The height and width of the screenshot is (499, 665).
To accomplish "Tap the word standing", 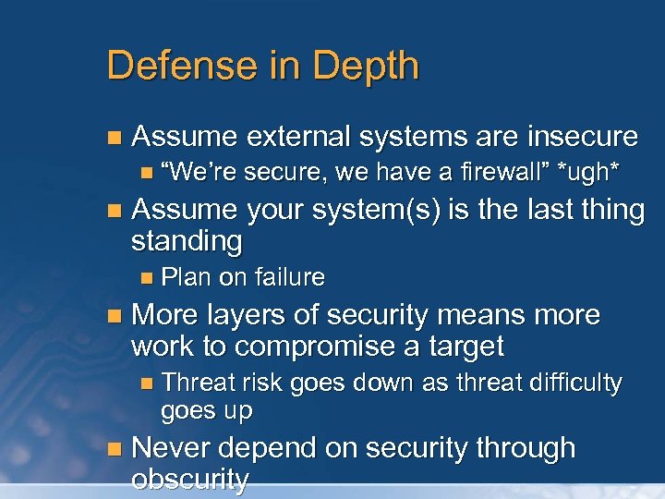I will [187, 242].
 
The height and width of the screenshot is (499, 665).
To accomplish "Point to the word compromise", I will [351, 347].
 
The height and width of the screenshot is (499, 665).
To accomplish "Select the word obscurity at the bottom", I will [190, 481].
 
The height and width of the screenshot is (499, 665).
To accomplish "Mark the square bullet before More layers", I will [114, 316].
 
